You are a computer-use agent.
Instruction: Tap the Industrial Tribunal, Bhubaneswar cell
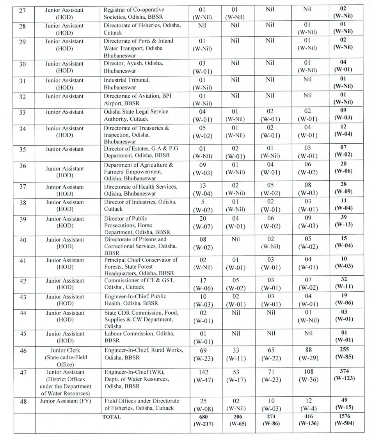pyautogui.click(x=127, y=84)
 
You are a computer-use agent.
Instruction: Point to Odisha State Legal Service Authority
pyautogui.click(x=136, y=115)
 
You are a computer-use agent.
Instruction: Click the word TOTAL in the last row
pyautogui.click(x=112, y=417)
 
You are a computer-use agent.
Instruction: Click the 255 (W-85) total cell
pyautogui.click(x=345, y=353)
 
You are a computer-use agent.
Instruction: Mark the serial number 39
pyautogui.click(x=23, y=219)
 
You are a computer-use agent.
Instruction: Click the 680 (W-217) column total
pyautogui.click(x=202, y=420)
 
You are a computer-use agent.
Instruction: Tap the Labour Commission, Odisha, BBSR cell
pyautogui.click(x=139, y=337)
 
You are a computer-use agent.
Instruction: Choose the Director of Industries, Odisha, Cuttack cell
pyautogui.click(x=140, y=205)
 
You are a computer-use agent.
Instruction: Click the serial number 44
pyautogui.click(x=23, y=313)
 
